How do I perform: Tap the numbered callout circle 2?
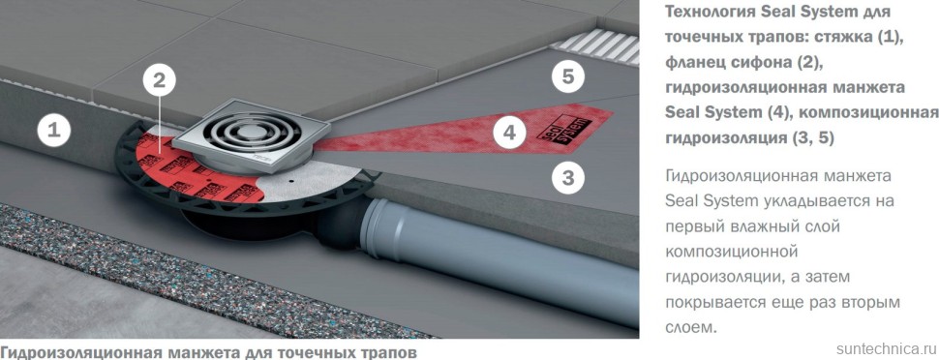[x=162, y=81]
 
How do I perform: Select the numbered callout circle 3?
[x=567, y=177]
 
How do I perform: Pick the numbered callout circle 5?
[x=567, y=75]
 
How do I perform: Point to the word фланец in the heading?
[x=696, y=62]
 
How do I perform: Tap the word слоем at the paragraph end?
[x=691, y=328]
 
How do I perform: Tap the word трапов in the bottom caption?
[x=388, y=352]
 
